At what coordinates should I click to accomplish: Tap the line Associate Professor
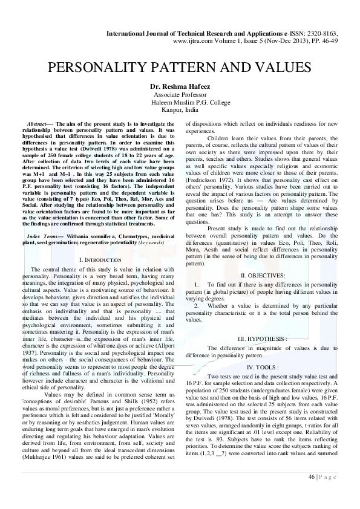tap(180, 95)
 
